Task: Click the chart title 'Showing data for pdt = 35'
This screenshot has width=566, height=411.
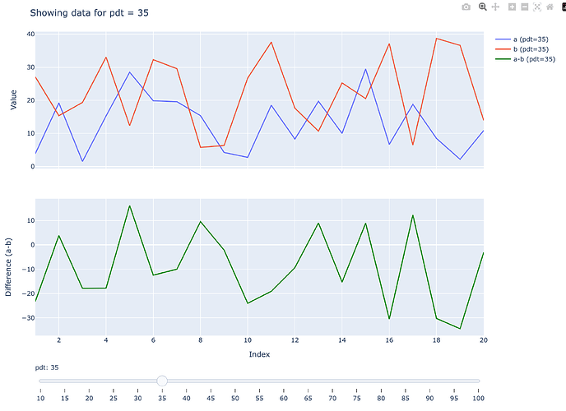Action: tap(89, 13)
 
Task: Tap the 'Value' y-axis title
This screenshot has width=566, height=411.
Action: tap(13, 99)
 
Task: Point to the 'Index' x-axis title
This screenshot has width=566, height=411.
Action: tap(259, 354)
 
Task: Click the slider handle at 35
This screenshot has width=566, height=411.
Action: tap(162, 381)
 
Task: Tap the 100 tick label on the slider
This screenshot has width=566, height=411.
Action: tap(477, 399)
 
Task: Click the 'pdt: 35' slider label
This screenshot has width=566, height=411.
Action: tap(46, 367)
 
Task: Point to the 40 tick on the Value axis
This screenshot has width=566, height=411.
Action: tap(30, 34)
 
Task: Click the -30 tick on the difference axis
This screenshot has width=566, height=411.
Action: tap(27, 318)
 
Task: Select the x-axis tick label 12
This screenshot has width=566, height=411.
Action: tap(295, 339)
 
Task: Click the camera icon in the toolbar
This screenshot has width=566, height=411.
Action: tap(466, 7)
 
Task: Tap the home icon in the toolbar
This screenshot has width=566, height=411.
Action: tap(550, 7)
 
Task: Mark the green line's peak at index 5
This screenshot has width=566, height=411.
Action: tap(129, 205)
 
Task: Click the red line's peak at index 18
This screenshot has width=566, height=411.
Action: tap(436, 39)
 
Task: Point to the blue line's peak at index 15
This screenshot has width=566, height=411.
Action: tap(365, 69)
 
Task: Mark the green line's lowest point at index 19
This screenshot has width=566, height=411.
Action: tap(460, 328)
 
